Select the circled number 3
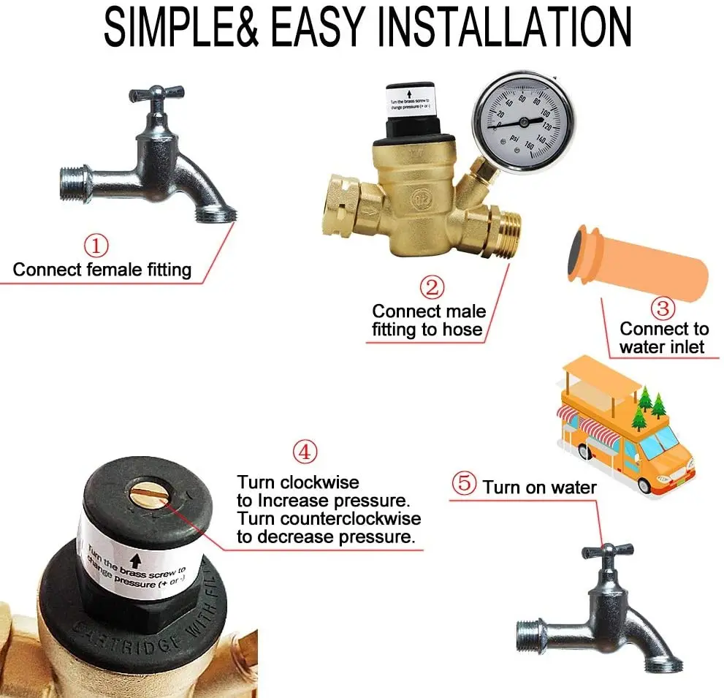[x=662, y=307]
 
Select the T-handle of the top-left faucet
[x=155, y=97]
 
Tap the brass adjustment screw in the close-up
[x=146, y=496]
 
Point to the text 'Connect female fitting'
[x=102, y=270]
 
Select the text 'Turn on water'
[x=539, y=487]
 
